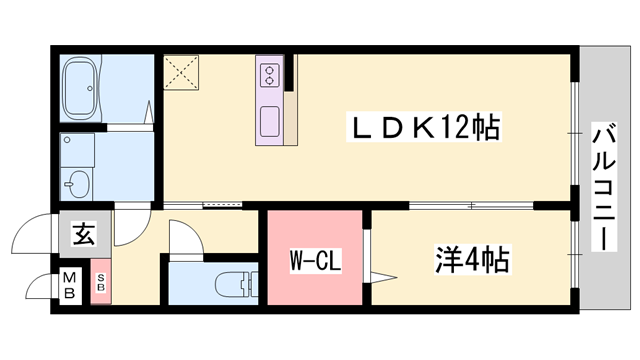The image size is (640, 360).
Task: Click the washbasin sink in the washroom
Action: click(x=77, y=182)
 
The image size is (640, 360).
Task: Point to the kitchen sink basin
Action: click(x=271, y=123)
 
